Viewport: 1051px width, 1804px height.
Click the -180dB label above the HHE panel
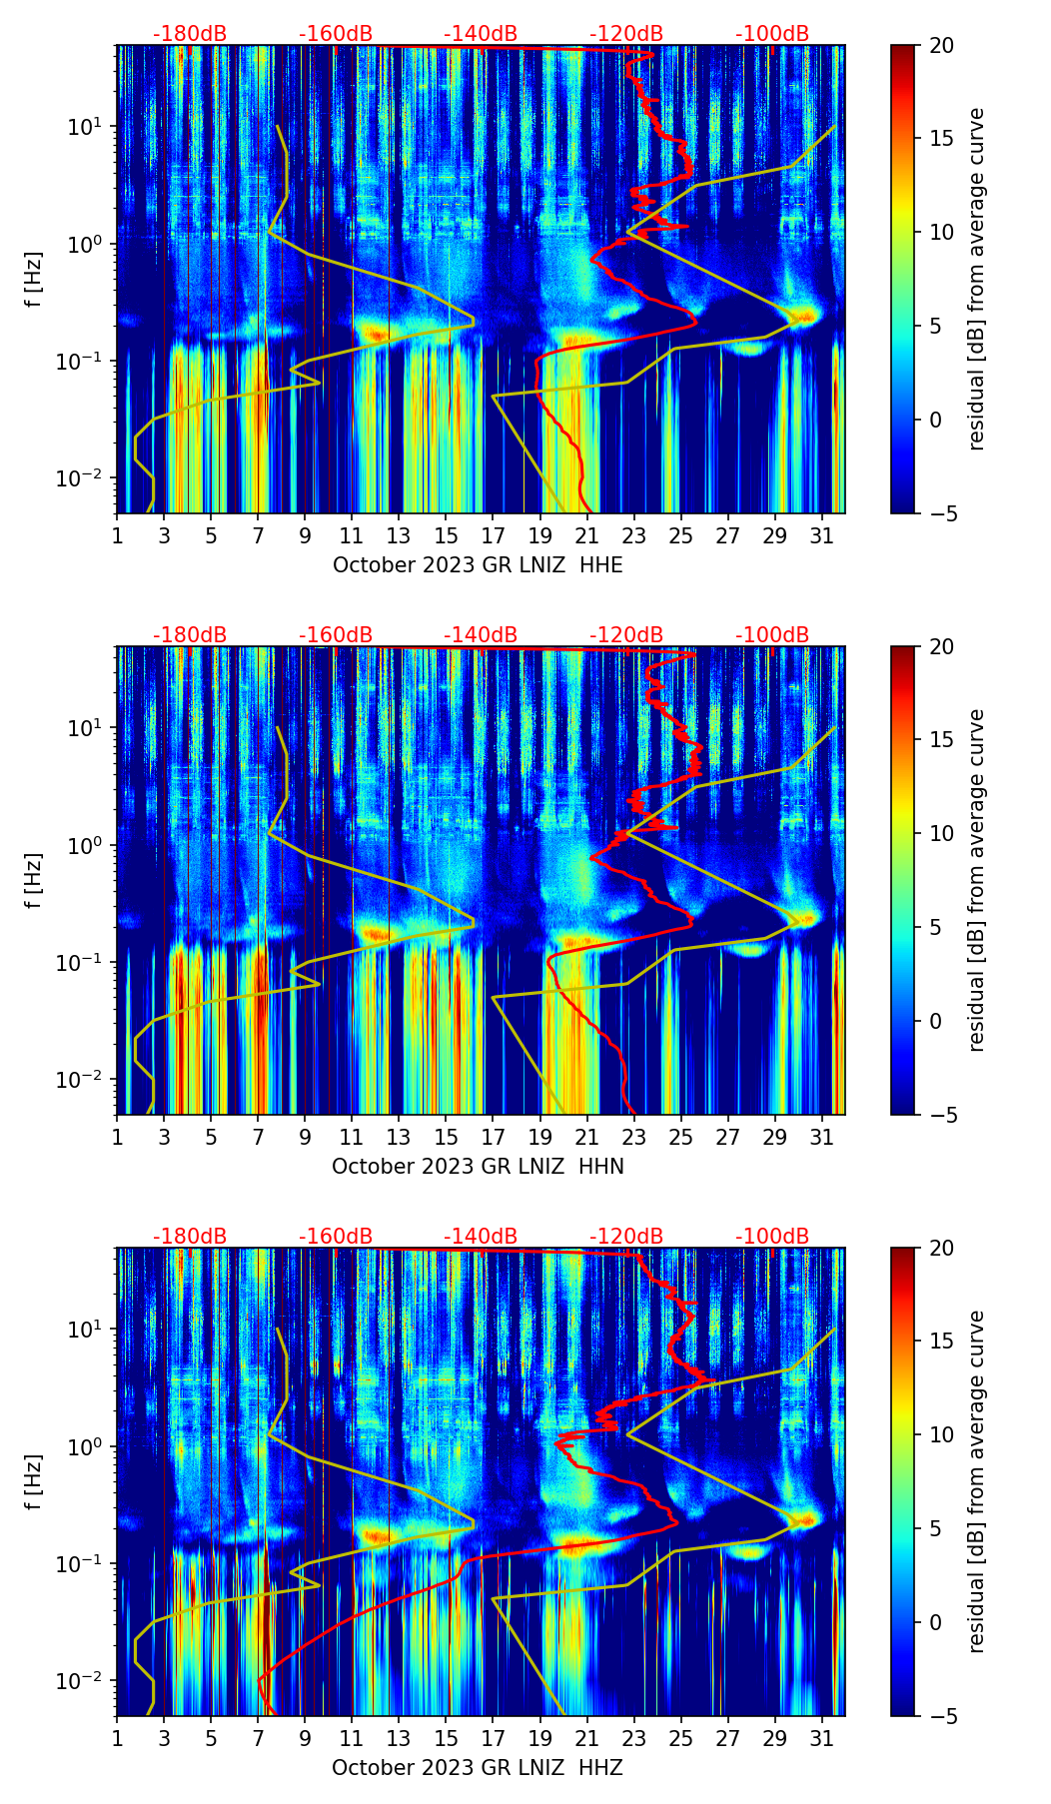[190, 34]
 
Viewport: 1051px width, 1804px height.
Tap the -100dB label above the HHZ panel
[772, 1237]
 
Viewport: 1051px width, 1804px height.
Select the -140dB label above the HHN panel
[481, 635]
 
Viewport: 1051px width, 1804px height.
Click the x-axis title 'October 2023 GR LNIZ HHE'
[478, 565]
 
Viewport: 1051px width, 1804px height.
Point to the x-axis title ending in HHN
[478, 1167]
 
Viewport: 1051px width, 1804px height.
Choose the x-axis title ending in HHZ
[478, 1768]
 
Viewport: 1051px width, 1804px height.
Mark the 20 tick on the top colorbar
[941, 45]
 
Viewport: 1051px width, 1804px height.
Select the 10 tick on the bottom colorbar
[941, 1435]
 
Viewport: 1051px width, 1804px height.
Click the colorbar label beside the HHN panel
[976, 880]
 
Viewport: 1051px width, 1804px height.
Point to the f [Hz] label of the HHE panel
[33, 280]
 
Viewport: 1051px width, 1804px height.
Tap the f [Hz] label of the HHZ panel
[33, 1482]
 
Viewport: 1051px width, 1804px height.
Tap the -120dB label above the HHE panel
[626, 34]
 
